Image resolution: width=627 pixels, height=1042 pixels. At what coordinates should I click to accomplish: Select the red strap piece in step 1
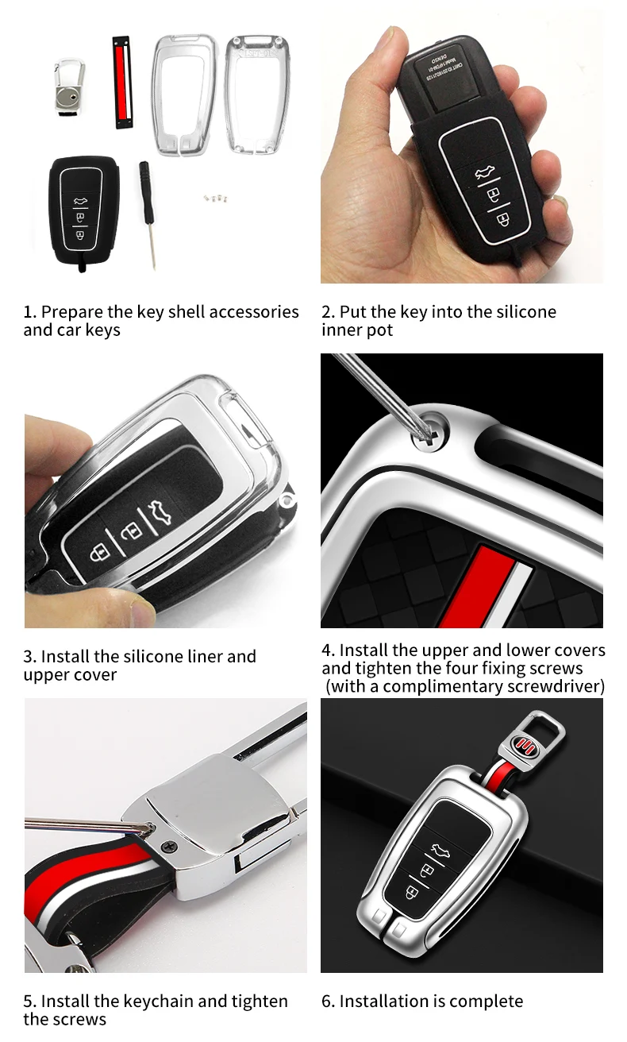pyautogui.click(x=122, y=82)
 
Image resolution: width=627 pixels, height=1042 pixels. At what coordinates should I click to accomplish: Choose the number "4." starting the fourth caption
pyautogui.click(x=329, y=650)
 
